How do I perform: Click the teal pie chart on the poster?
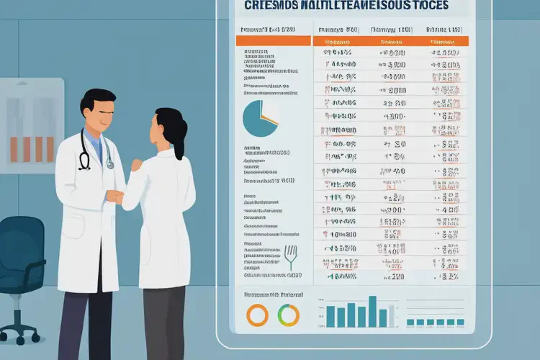tap(261, 117)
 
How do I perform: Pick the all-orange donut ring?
tap(257, 315)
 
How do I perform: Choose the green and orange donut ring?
tap(288, 315)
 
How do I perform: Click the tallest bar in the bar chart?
tap(372, 312)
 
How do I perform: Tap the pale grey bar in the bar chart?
tap(393, 317)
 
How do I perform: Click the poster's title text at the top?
tap(346, 6)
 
